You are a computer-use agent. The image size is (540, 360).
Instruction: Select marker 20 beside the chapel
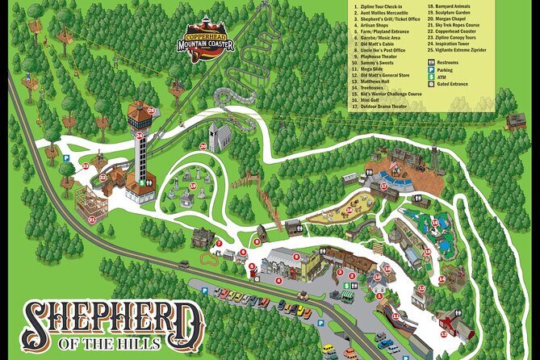tap(203, 146)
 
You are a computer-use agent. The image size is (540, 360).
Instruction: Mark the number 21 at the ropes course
tap(92, 219)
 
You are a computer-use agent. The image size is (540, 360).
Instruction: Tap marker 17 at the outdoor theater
tap(384, 186)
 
